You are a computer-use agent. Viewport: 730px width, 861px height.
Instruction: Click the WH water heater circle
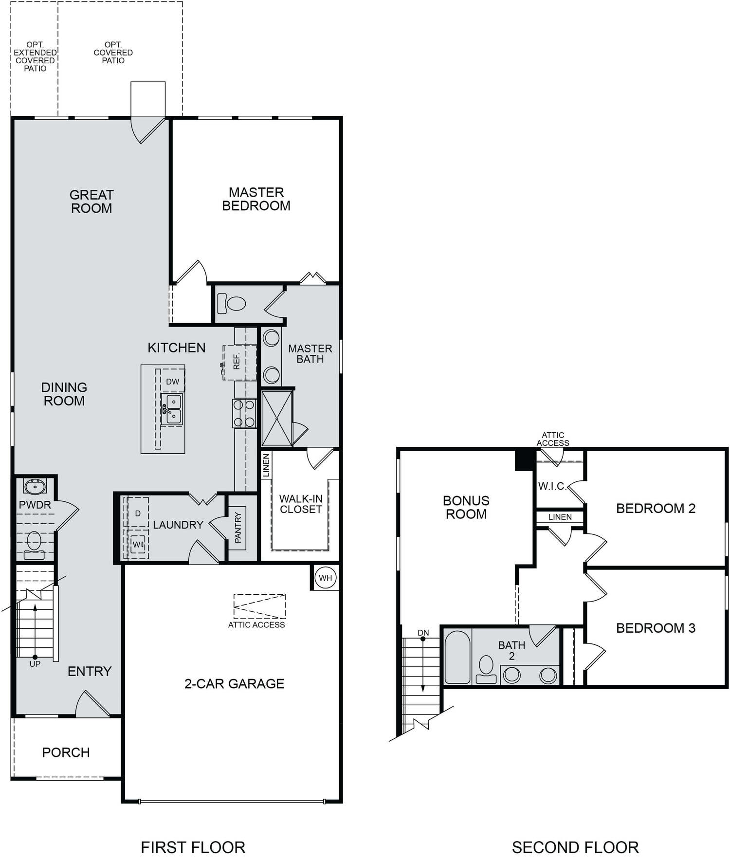[x=325, y=578]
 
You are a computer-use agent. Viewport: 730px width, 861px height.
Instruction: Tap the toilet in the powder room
[x=34, y=545]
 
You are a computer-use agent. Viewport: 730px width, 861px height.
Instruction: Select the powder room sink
[x=35, y=486]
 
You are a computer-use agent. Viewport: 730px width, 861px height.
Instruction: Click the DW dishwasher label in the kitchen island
[x=173, y=382]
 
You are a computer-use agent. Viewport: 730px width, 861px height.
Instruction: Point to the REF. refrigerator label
[x=237, y=362]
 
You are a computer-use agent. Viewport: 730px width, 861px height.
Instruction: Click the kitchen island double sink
[x=172, y=409]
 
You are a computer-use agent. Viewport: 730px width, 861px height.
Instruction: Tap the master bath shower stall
[x=277, y=418]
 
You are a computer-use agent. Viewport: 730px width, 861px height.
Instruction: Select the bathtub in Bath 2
[x=457, y=657]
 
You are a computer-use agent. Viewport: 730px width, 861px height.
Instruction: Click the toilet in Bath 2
[x=486, y=669]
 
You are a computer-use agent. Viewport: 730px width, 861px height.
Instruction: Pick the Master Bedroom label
[x=256, y=199]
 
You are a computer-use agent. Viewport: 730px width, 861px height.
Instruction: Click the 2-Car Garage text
[x=234, y=683]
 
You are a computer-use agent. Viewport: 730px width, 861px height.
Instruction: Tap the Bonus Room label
[x=466, y=507]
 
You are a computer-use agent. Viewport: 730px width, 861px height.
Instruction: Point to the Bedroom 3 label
[x=656, y=628]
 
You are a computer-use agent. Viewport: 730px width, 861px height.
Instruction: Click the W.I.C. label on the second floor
[x=552, y=486]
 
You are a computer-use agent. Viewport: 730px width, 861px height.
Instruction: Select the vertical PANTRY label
[x=238, y=528]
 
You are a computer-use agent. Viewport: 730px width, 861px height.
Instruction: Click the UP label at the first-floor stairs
[x=35, y=664]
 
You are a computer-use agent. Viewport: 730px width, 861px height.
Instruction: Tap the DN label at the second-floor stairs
[x=423, y=633]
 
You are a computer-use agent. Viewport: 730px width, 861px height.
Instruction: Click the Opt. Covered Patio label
[x=113, y=53]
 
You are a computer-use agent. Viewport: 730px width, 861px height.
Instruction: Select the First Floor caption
[x=193, y=847]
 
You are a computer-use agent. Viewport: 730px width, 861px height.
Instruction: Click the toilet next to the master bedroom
[x=231, y=303]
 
